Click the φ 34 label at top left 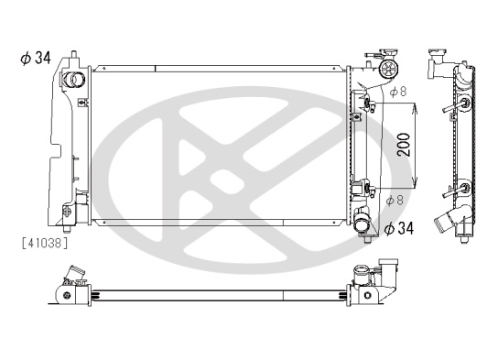pyautogui.click(x=36, y=58)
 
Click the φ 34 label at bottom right pyautogui.click(x=399, y=228)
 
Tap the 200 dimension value pyautogui.click(x=404, y=145)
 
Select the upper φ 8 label pyautogui.click(x=398, y=92)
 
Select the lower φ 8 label pyautogui.click(x=395, y=201)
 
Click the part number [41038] pyautogui.click(x=45, y=243)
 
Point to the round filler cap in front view pyautogui.click(x=389, y=68)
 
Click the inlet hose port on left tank pyautogui.click(x=73, y=80)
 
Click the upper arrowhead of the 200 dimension pyautogui.click(x=415, y=110)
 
